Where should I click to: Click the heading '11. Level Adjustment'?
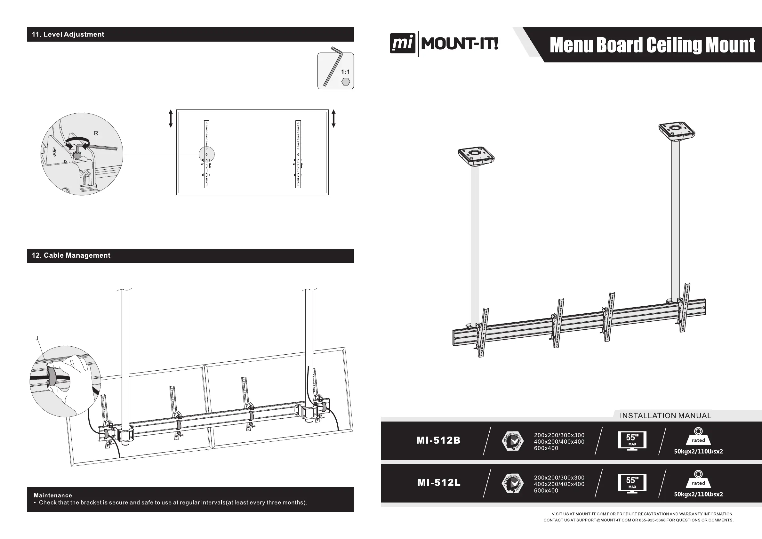point(68,35)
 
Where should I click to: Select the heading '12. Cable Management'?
point(71,255)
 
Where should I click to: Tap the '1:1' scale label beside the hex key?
point(345,72)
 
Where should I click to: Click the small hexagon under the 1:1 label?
point(346,82)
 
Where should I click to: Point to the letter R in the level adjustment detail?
point(96,133)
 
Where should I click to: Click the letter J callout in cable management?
point(37,338)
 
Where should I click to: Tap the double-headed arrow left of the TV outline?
point(171,118)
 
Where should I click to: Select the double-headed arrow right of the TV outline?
point(333,118)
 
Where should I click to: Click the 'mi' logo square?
point(403,44)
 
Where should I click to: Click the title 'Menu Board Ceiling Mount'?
point(652,45)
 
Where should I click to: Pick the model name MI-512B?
point(438,440)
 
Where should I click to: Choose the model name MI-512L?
point(439,483)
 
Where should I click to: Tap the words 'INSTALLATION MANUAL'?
point(665,415)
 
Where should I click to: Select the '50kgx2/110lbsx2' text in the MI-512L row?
point(698,494)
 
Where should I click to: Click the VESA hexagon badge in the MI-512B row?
point(513,441)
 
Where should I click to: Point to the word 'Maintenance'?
point(53,495)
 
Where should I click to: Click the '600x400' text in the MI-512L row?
point(546,491)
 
